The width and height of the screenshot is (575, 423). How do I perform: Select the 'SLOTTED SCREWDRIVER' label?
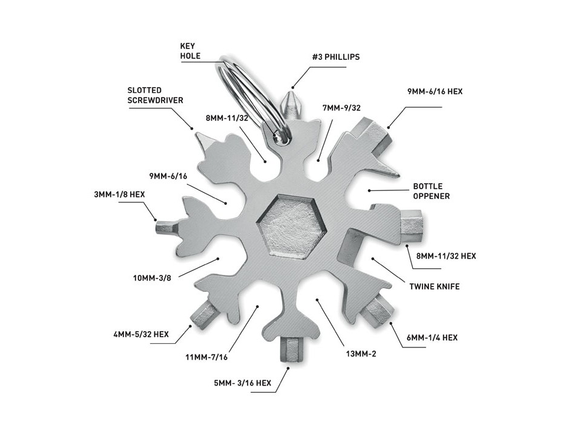[x=156, y=95]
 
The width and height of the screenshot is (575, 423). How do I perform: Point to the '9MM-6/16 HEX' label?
[x=435, y=92]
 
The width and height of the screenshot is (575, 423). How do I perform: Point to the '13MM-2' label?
[x=360, y=354]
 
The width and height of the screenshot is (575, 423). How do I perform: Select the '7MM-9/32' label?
[x=343, y=108]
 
